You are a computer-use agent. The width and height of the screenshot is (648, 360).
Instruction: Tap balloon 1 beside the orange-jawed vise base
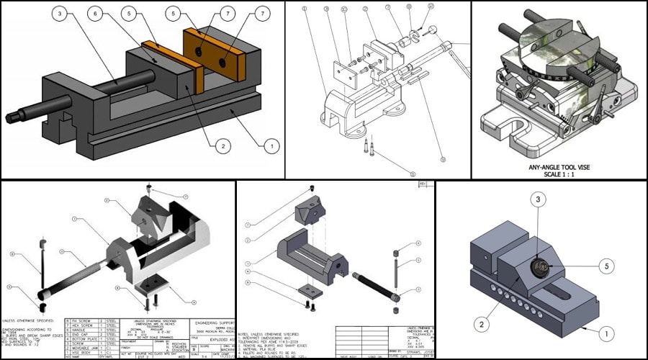click(271, 146)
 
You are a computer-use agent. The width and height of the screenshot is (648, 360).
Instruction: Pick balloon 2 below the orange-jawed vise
click(222, 146)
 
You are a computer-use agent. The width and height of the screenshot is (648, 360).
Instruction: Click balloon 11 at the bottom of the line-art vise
click(413, 174)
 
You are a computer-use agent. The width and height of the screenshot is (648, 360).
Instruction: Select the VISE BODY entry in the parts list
click(82, 351)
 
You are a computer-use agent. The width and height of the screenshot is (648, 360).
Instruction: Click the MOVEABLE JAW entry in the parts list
click(84, 347)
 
